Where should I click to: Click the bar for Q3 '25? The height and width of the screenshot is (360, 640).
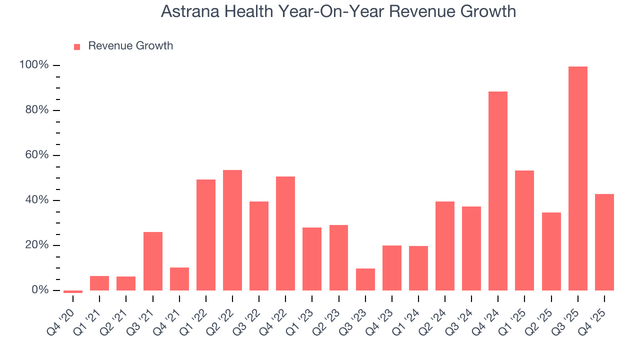pyautogui.click(x=577, y=178)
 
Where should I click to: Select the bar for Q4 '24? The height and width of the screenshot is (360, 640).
pyautogui.click(x=498, y=191)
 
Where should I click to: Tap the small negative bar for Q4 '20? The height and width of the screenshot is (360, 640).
pyautogui.click(x=73, y=291)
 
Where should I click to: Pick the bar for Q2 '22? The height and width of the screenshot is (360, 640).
pyautogui.click(x=232, y=230)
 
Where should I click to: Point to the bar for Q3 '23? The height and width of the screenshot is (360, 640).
pyautogui.click(x=365, y=279)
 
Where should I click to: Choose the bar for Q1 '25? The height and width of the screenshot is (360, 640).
pyautogui.click(x=524, y=230)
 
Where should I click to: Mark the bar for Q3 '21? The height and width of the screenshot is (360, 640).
pyautogui.click(x=152, y=261)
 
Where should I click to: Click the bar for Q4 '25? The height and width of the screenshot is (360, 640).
pyautogui.click(x=604, y=242)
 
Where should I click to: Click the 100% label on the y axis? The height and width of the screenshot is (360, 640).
pyautogui.click(x=34, y=65)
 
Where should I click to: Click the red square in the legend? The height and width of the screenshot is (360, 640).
pyautogui.click(x=77, y=47)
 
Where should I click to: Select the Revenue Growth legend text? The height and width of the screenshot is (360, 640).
pyautogui.click(x=130, y=46)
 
